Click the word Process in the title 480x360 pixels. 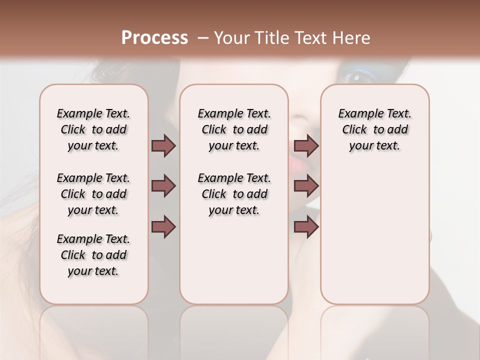(x=154, y=38)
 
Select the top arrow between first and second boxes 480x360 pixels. (x=163, y=145)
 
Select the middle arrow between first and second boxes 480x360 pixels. (x=163, y=186)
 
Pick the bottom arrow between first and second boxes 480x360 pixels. (x=163, y=227)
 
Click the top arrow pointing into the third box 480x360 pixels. (x=306, y=145)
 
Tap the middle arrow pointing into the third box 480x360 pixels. (x=306, y=186)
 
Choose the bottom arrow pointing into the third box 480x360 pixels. (x=306, y=227)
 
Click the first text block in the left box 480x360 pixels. (x=93, y=129)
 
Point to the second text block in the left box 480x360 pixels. (x=93, y=194)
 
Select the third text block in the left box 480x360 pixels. (x=93, y=255)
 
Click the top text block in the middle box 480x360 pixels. (x=234, y=129)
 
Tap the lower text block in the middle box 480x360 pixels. (x=234, y=194)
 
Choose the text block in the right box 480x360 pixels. (x=374, y=129)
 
